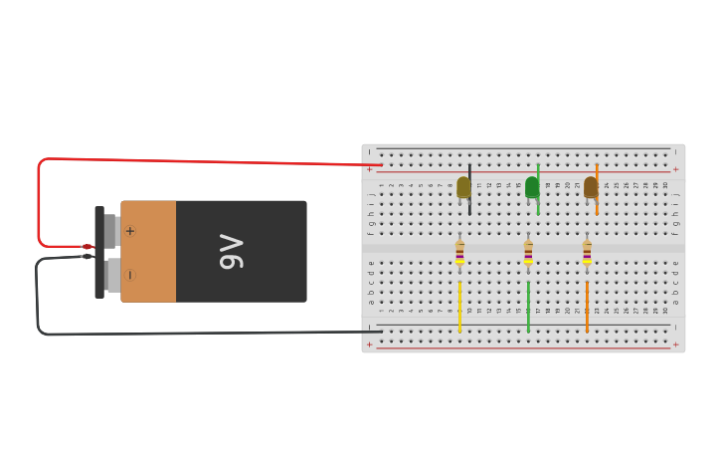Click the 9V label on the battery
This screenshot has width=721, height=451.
pyautogui.click(x=231, y=252)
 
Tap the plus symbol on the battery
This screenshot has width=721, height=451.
pyautogui.click(x=130, y=231)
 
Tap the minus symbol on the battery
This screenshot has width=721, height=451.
pyautogui.click(x=130, y=275)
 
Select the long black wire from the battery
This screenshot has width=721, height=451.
pyautogui.click(x=199, y=334)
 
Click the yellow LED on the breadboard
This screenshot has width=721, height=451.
pyautogui.click(x=463, y=187)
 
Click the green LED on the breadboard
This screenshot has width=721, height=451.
pyautogui.click(x=532, y=187)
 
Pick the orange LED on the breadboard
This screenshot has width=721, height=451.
pyautogui.click(x=591, y=187)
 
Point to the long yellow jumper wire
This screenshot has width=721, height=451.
pyautogui.click(x=459, y=307)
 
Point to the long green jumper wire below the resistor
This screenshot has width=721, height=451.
pyautogui.click(x=528, y=307)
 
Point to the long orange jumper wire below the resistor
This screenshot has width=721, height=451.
pyautogui.click(x=587, y=307)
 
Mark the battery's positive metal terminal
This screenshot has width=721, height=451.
pyautogui.click(x=110, y=231)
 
